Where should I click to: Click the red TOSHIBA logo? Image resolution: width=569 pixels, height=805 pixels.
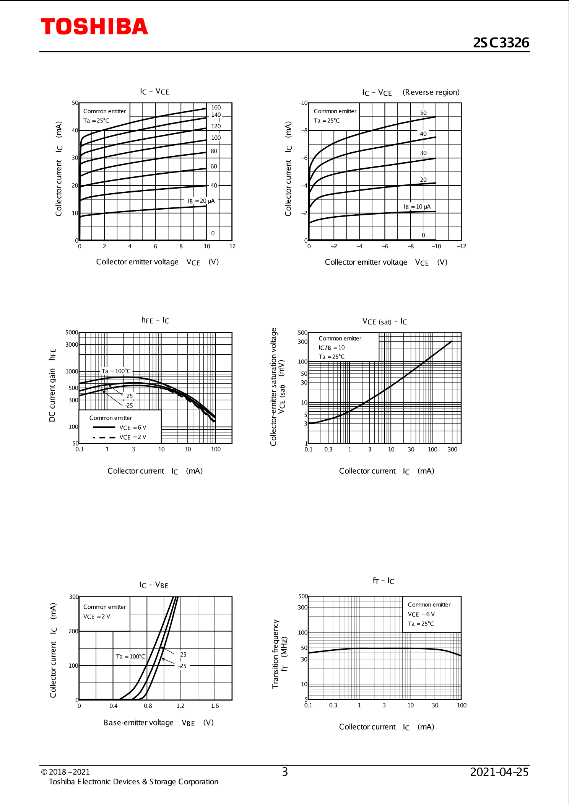click(x=94, y=26)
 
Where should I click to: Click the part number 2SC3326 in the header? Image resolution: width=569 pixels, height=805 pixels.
click(x=501, y=42)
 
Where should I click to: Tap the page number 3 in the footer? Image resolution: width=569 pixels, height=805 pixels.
click(x=284, y=772)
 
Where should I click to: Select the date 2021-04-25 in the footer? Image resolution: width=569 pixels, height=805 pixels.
click(x=499, y=772)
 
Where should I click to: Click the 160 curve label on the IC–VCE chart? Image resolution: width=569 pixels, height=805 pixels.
click(x=216, y=108)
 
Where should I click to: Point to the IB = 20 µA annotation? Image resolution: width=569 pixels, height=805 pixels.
click(x=201, y=201)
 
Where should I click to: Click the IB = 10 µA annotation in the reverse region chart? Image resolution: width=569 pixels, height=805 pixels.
click(x=417, y=207)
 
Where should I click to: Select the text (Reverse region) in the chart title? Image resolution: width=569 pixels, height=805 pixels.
click(x=431, y=92)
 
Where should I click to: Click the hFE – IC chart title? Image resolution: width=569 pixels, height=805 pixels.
click(x=155, y=320)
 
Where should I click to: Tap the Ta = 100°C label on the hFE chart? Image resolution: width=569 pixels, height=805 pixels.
click(x=116, y=371)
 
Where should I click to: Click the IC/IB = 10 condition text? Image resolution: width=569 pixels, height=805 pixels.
click(x=332, y=347)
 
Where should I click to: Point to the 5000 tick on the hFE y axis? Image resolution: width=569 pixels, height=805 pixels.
click(x=72, y=332)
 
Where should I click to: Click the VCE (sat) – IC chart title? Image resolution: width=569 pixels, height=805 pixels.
click(x=384, y=321)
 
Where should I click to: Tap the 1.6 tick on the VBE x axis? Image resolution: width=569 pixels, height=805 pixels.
click(x=215, y=706)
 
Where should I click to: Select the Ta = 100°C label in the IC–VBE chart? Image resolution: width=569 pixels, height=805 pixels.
click(x=130, y=657)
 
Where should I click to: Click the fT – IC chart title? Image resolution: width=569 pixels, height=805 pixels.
click(x=383, y=581)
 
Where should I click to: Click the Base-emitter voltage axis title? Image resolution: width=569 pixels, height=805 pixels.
click(x=138, y=722)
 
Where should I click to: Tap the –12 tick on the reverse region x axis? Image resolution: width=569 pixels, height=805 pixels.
click(x=462, y=246)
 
